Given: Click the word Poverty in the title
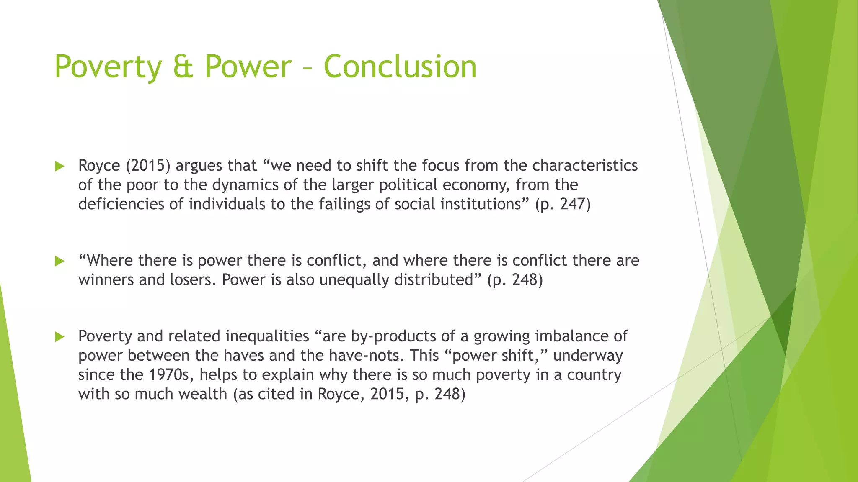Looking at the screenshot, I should coord(108,67).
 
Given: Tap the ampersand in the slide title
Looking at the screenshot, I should coord(183,67).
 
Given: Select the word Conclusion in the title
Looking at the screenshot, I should coord(400,67).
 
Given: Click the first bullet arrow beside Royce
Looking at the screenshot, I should coord(59,167).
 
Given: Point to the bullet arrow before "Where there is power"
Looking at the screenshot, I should coord(59,262).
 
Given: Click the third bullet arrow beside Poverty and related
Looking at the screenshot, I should coord(59,337).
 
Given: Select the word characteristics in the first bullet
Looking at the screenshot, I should coord(585,166).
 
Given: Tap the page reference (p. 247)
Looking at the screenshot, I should coord(563,204).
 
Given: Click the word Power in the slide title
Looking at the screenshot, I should coord(248,67).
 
